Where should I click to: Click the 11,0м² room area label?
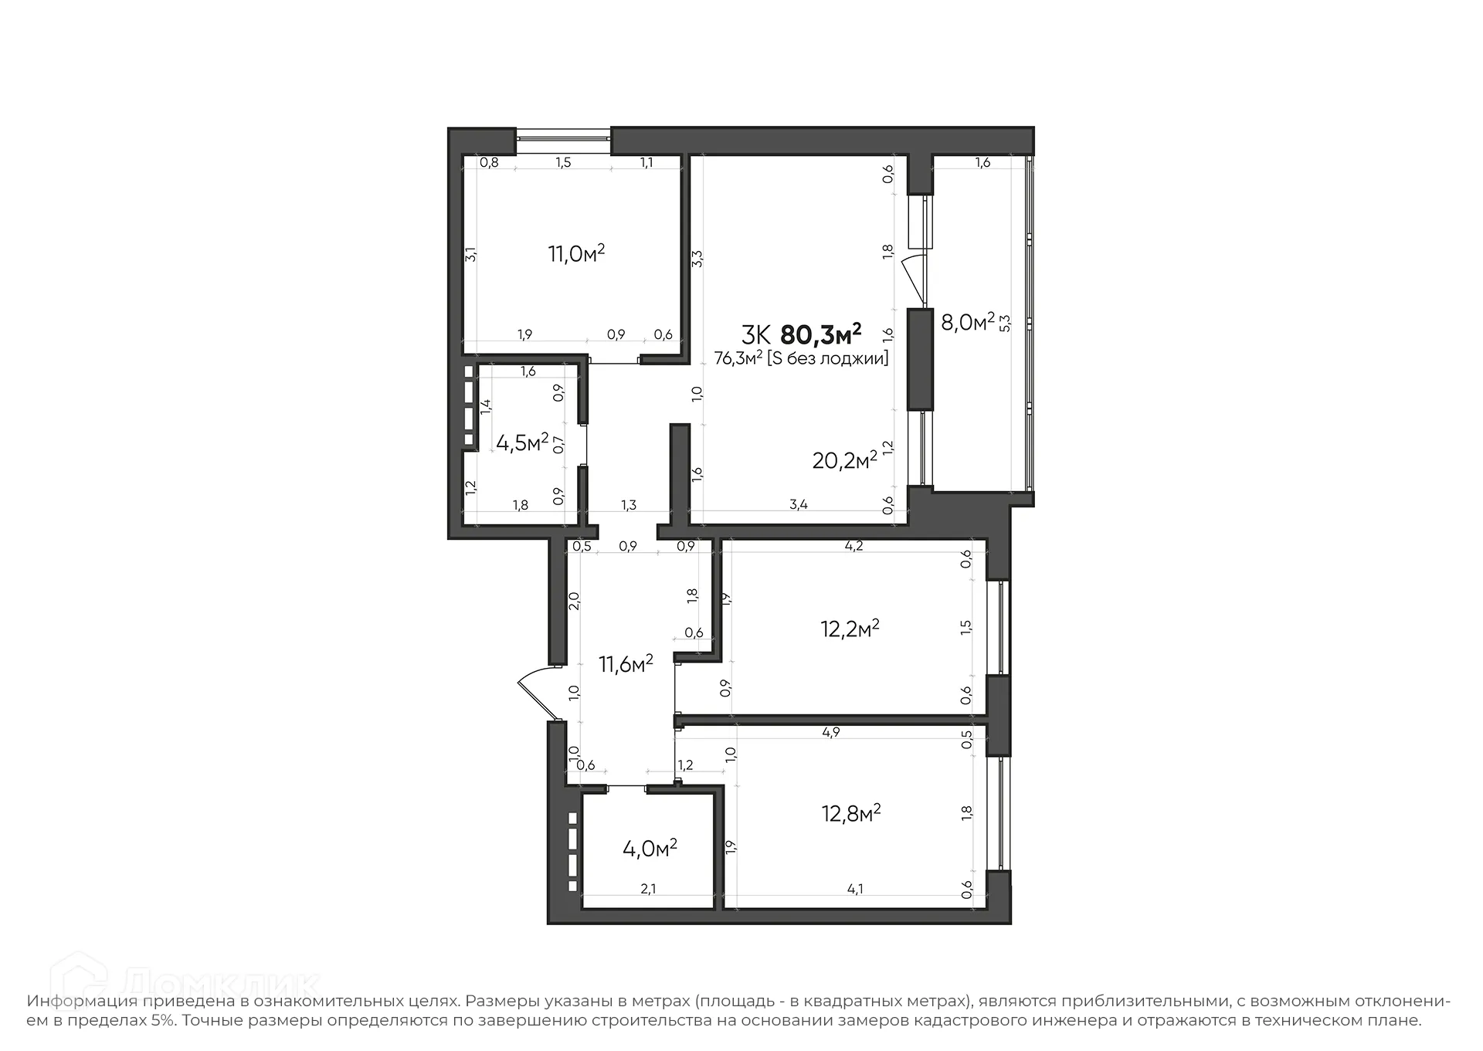(x=576, y=253)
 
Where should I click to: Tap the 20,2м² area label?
(x=844, y=460)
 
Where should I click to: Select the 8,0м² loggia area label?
(x=967, y=322)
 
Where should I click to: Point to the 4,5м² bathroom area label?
(x=522, y=442)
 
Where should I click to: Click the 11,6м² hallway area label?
(x=626, y=663)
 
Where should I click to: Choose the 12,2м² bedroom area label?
(x=850, y=629)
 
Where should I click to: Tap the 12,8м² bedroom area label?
(x=851, y=813)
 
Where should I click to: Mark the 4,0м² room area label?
(x=650, y=848)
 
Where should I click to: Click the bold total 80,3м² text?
(x=820, y=335)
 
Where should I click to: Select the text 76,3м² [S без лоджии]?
(x=801, y=358)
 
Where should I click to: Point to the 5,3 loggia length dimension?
(x=1005, y=322)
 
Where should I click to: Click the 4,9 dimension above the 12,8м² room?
(x=831, y=732)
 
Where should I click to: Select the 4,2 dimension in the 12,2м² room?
(x=853, y=546)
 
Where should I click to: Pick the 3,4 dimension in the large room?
(x=799, y=505)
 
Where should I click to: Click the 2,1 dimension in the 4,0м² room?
(x=648, y=889)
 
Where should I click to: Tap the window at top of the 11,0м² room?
(x=563, y=141)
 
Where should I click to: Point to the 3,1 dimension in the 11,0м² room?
(x=470, y=253)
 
